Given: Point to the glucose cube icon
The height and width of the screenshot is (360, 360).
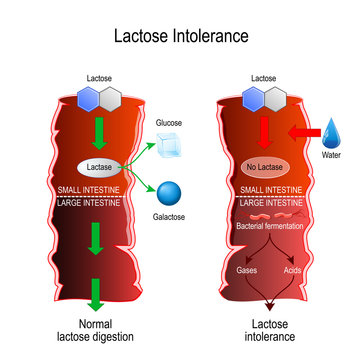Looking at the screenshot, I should coord(167,140).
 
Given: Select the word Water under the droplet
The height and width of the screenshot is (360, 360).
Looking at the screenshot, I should coord(333,156).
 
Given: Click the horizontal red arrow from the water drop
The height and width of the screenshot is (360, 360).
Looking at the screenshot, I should coord(299,132).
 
